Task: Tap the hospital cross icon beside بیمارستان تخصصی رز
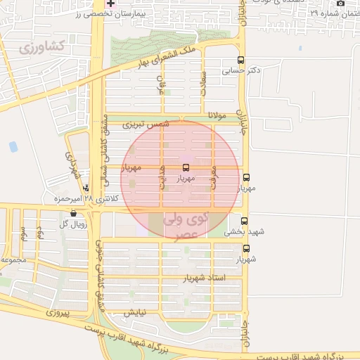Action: point(110,4)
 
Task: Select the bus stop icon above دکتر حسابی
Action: point(242,60)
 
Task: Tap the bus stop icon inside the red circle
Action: point(186,167)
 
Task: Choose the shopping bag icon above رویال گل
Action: point(74,214)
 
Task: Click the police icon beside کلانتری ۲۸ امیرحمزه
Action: point(86,188)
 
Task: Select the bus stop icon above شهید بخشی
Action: point(244,220)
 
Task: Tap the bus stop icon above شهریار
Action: point(246,248)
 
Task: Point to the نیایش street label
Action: point(135,311)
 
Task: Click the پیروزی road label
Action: point(56,310)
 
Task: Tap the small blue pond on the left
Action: point(13,147)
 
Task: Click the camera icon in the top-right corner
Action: point(340,4)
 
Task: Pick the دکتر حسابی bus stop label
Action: point(241,70)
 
